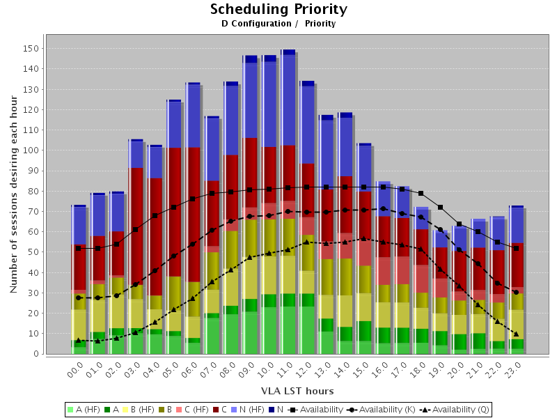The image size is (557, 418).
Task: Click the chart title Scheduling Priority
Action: point(278,9)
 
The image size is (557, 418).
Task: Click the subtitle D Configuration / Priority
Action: point(278,24)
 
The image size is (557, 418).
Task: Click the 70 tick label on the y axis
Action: point(32,212)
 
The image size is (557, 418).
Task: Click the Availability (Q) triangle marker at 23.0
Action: point(516,334)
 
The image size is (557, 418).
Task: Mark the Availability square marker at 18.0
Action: point(421,193)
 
